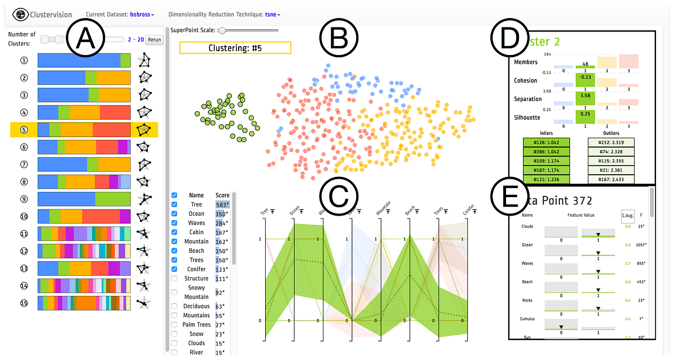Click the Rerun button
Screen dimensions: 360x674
tap(154, 40)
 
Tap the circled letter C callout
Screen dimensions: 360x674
tap(338, 197)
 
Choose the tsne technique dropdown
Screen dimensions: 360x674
tap(272, 13)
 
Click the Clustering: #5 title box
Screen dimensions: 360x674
tap(235, 48)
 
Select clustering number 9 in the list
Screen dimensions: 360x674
tap(24, 199)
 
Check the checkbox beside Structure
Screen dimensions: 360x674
tap(174, 279)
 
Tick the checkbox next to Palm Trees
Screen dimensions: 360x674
tap(174, 325)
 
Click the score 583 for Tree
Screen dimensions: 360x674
tap(222, 205)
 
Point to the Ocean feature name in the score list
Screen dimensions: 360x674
tap(197, 214)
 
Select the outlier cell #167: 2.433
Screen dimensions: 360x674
tap(611, 180)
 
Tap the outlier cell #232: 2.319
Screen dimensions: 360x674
tap(611, 143)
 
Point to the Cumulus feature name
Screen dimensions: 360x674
tap(528, 319)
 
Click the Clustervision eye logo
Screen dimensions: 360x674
tap(21, 13)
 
